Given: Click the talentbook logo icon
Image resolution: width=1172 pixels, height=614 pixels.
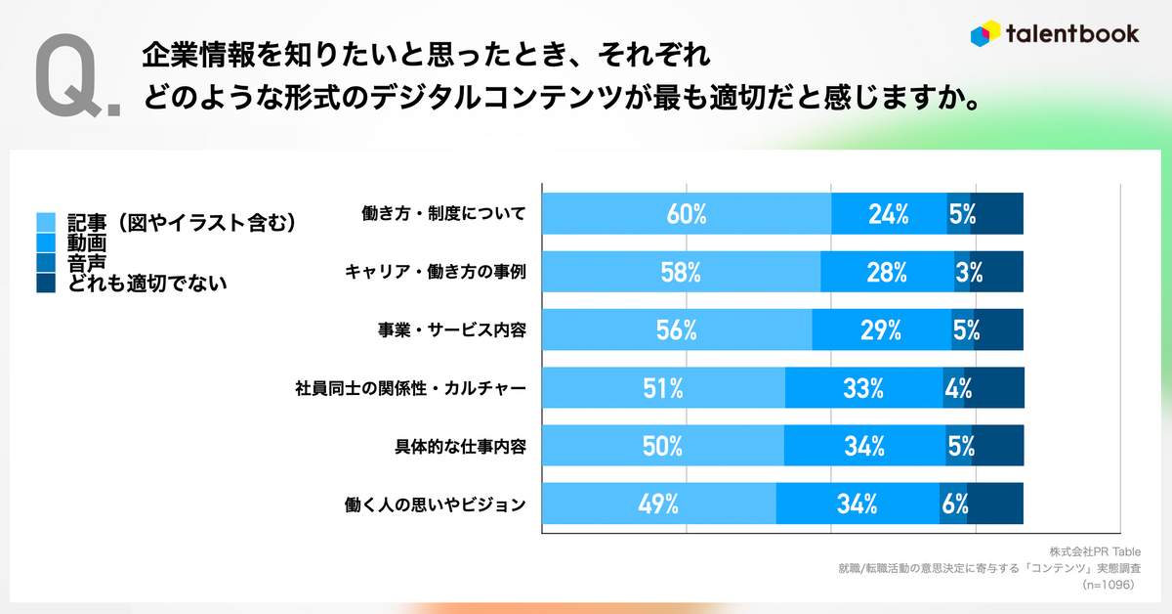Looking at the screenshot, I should point(984,33).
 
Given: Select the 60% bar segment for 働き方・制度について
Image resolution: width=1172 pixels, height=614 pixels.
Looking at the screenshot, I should point(686,214).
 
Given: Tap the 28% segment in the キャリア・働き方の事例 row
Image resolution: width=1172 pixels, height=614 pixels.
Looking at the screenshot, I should point(887,272).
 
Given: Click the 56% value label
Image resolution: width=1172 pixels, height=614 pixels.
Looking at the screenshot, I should point(676,330).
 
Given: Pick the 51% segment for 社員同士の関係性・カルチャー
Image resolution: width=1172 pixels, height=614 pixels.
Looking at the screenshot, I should point(663,388).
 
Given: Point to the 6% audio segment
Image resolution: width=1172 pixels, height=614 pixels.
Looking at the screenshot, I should point(953,504).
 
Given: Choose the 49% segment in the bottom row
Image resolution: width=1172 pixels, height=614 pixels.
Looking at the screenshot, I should point(658,504).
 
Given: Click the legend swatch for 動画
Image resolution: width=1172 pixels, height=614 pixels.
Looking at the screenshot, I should point(46,241).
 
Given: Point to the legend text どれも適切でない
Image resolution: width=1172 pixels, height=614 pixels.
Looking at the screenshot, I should point(146,284).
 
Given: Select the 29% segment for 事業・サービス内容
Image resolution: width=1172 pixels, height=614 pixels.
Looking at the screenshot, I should point(881,330).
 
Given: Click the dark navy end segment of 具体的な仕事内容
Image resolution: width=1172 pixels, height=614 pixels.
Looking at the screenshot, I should point(999,446).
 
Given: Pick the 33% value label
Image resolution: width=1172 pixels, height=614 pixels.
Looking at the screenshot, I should point(863,388).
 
